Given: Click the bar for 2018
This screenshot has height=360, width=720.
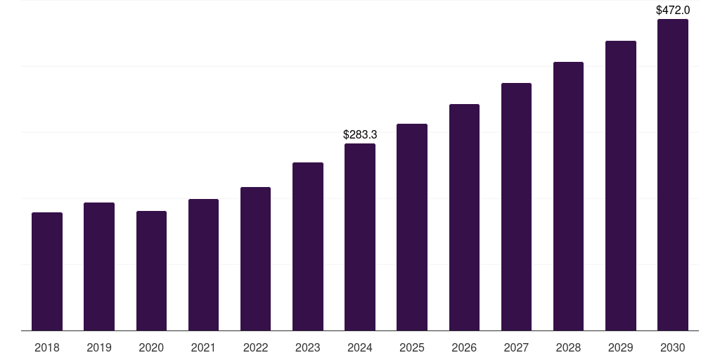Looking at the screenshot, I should (x=47, y=271).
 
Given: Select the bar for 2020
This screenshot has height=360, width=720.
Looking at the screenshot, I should (x=151, y=271).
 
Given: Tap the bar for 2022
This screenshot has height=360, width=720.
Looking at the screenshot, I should (x=255, y=259).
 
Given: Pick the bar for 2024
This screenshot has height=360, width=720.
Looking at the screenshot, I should (x=360, y=237).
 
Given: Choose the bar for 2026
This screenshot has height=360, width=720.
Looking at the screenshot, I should (x=464, y=217).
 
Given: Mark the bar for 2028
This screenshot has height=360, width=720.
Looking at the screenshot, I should (x=568, y=196).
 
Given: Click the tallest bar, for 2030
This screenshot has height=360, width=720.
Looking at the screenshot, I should (x=673, y=175).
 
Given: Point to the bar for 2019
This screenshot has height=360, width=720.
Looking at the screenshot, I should (x=99, y=266).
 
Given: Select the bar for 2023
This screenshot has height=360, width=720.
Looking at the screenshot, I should (x=308, y=246).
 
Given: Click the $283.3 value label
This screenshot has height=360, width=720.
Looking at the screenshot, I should (x=360, y=134).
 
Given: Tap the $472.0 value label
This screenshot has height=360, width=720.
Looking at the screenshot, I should (x=673, y=10).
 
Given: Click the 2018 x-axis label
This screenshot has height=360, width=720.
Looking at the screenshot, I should (x=47, y=347).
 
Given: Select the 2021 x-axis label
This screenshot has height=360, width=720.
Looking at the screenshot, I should (x=203, y=347).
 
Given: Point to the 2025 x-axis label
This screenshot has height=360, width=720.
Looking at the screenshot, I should (x=412, y=347).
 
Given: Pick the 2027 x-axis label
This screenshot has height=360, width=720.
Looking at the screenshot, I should (x=516, y=347).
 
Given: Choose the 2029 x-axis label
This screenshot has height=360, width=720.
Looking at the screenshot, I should (x=621, y=347).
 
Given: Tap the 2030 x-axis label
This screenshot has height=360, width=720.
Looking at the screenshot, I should (x=673, y=347).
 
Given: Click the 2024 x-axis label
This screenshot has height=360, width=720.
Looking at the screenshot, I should (x=360, y=347).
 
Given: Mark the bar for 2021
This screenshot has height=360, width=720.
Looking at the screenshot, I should (x=203, y=265).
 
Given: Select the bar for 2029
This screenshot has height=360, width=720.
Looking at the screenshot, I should (x=621, y=186).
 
